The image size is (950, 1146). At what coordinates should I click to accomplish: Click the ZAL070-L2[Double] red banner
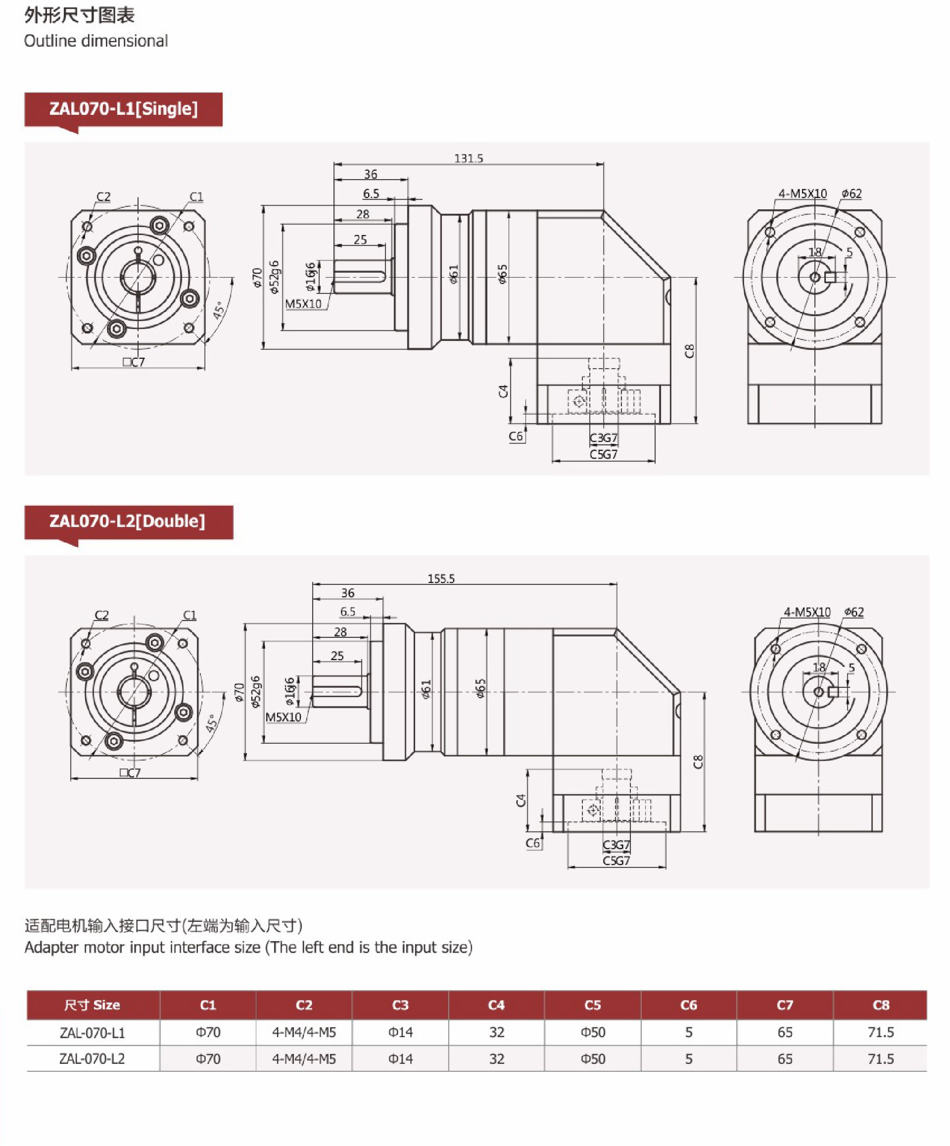point(128,521)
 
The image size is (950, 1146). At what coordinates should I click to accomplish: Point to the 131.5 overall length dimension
point(468,158)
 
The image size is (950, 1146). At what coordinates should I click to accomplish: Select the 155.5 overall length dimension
point(441,578)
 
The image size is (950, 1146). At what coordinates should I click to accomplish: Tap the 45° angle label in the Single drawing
point(219,310)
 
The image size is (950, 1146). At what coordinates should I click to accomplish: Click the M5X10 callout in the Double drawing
point(283,717)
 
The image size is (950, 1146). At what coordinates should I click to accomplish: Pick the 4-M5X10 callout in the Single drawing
point(802,194)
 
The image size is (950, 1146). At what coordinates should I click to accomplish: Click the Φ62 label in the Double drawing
point(854,612)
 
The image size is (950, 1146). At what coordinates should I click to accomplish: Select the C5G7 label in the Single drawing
point(604,455)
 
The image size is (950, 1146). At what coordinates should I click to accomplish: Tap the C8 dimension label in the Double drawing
point(698,762)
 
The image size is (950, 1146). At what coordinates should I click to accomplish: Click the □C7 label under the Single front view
point(134,362)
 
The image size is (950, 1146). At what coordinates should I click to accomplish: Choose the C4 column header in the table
point(496,1005)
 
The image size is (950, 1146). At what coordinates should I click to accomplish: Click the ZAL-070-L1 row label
point(92,1033)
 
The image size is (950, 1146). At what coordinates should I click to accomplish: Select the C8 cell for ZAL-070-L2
point(880,1059)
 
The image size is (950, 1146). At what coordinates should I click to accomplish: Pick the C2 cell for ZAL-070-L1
point(304,1033)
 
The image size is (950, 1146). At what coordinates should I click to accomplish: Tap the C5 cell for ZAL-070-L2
point(593,1059)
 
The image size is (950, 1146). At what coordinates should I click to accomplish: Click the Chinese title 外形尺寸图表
point(80,15)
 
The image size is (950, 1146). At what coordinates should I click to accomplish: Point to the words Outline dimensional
point(96,41)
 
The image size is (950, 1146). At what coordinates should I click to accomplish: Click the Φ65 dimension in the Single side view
point(502,274)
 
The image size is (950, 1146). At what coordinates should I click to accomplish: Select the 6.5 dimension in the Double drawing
point(347,612)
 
